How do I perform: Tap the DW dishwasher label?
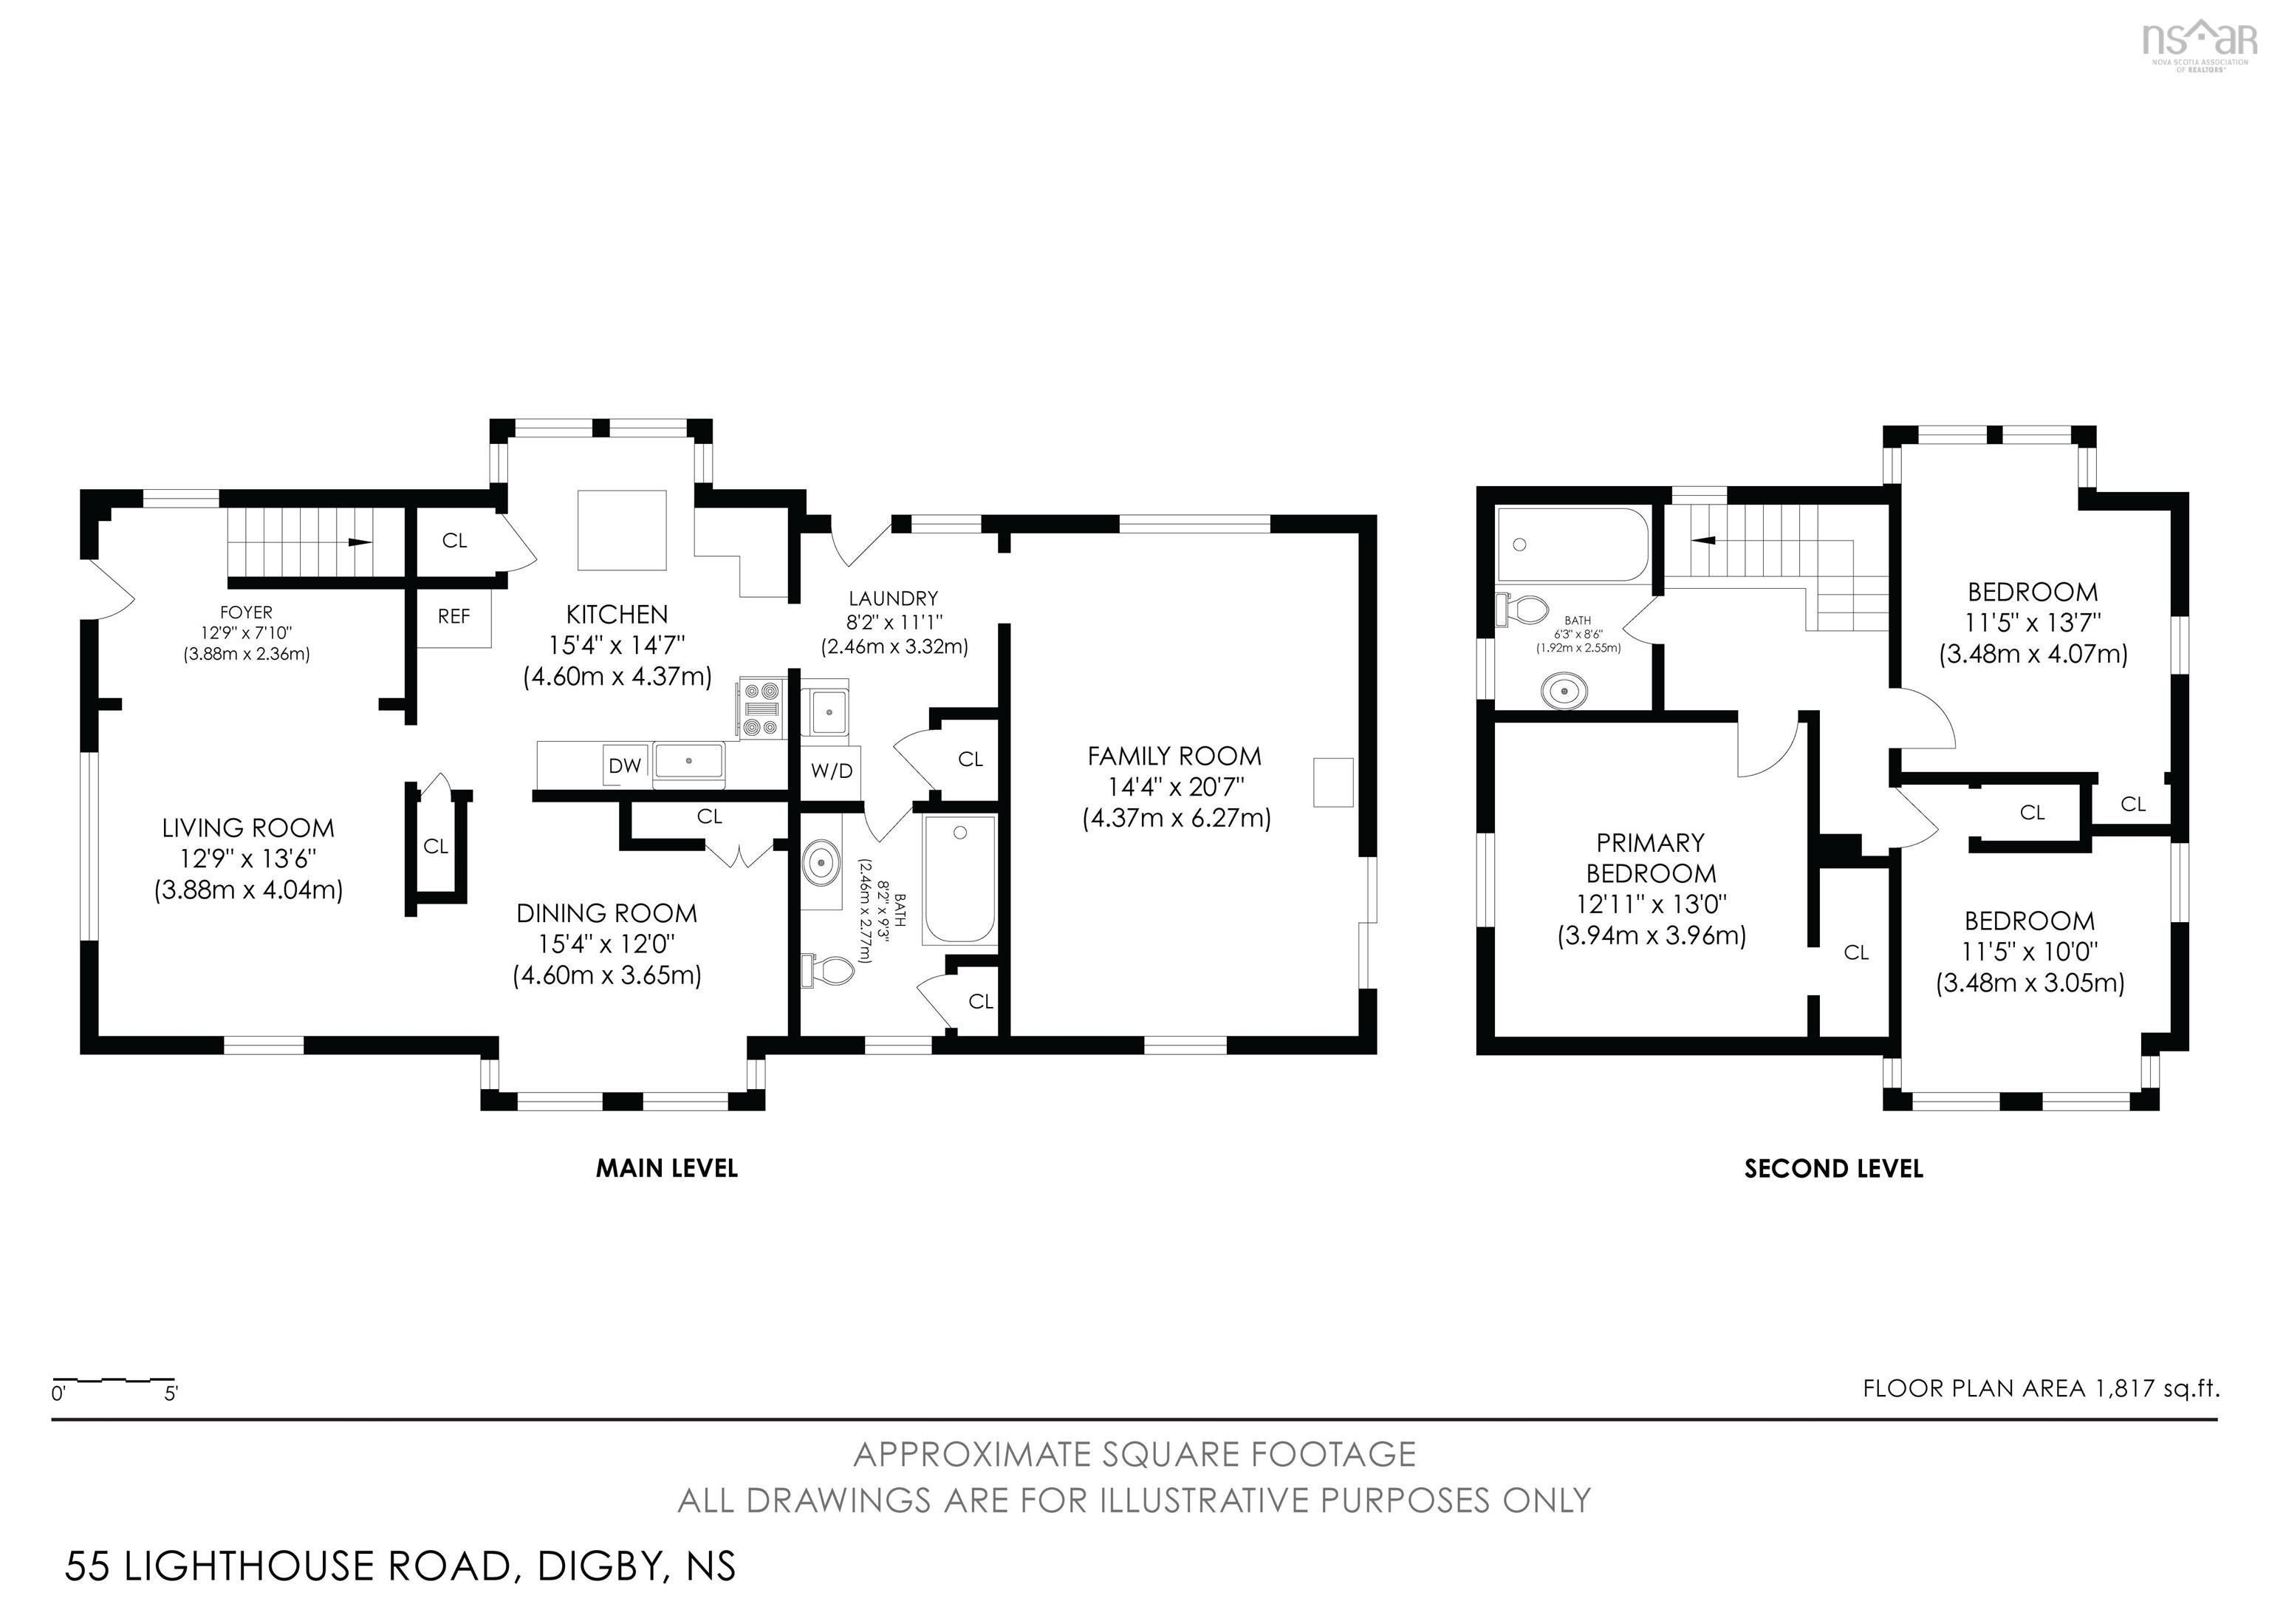(x=625, y=765)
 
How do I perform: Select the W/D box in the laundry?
(x=831, y=771)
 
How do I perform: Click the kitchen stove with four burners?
(x=761, y=709)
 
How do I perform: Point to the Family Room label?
(x=1174, y=756)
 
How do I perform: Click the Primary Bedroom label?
(x=1650, y=858)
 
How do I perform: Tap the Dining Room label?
(x=606, y=913)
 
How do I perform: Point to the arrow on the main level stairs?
(x=360, y=542)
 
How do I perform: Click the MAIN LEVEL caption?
(x=666, y=1168)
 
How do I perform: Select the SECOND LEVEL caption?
(x=1833, y=1168)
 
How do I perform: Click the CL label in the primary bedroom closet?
(x=1856, y=952)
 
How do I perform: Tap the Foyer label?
(x=246, y=612)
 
